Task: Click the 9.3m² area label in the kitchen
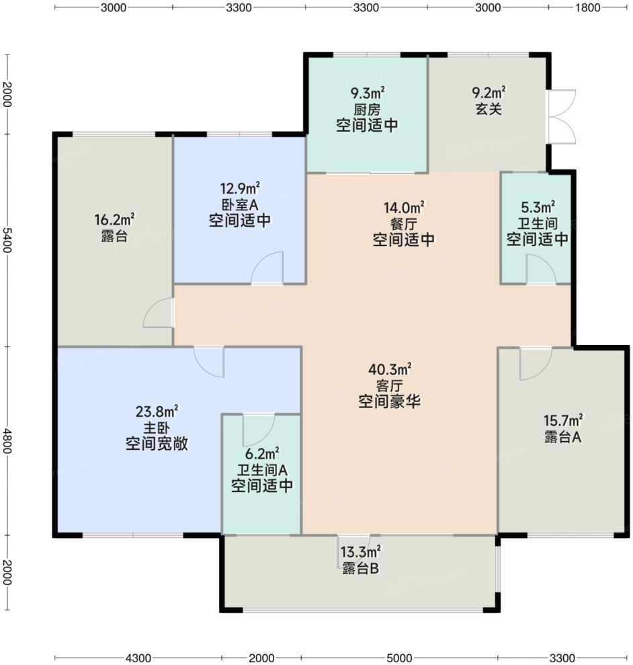click(366, 93)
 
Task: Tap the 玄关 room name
click(489, 109)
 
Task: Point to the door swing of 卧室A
click(269, 268)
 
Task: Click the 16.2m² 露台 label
click(114, 219)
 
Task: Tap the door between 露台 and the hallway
click(160, 314)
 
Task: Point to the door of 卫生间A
click(259, 428)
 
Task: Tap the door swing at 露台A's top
click(536, 363)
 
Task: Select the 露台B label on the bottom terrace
click(361, 569)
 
